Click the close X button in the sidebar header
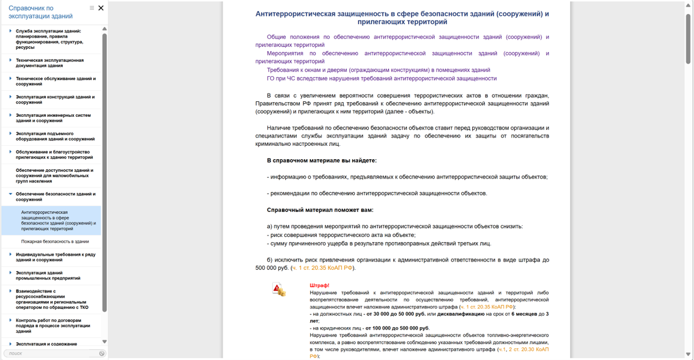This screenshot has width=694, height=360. [x=101, y=8]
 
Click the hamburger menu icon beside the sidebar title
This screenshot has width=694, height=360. [x=92, y=8]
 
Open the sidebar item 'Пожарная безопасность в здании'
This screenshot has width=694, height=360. [x=55, y=241]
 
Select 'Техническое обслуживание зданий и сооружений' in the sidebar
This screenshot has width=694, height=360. [x=56, y=81]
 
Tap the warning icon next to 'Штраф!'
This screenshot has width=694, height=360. [x=279, y=289]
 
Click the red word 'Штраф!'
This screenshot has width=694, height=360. [x=319, y=285]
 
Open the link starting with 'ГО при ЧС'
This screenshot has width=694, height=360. [x=381, y=78]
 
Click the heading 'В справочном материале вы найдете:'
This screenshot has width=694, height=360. [x=321, y=160]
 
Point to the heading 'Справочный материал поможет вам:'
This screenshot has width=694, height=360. [x=320, y=210]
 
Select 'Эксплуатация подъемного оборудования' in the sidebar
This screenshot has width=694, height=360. [x=55, y=136]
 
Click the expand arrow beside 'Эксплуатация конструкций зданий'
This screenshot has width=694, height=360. [x=11, y=97]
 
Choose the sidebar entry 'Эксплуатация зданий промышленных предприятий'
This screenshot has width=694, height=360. [x=48, y=275]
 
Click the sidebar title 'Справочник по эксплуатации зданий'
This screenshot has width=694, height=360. [x=41, y=12]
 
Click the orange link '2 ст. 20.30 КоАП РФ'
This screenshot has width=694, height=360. [x=529, y=349]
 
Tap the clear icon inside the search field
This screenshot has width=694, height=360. [x=102, y=353]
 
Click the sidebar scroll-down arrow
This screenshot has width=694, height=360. [x=105, y=342]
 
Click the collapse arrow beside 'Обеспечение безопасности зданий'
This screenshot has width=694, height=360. [x=11, y=194]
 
